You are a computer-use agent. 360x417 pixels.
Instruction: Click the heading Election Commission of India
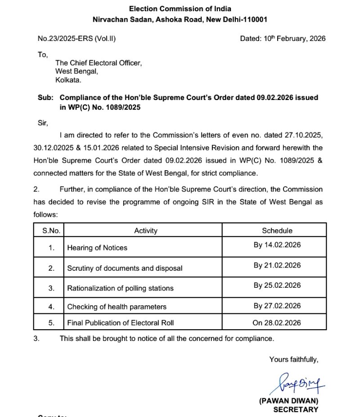click(180, 9)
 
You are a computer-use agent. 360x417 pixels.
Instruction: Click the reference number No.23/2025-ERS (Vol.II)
click(76, 39)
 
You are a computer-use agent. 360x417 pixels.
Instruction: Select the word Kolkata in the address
click(68, 80)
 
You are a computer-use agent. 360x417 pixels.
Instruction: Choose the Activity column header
click(146, 231)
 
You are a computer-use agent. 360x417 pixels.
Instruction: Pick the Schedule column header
click(277, 231)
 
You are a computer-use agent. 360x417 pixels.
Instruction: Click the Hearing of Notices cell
click(97, 248)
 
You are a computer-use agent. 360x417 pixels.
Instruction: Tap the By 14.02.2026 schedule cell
click(277, 245)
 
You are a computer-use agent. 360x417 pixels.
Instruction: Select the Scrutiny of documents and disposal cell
click(125, 268)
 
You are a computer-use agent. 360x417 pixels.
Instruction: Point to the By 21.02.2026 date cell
click(277, 265)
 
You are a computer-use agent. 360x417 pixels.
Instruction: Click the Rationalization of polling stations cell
click(120, 288)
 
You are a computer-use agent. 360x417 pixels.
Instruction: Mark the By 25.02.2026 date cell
click(277, 285)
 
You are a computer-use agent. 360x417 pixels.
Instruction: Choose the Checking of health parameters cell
click(117, 307)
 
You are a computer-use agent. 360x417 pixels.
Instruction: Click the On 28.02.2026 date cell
click(277, 322)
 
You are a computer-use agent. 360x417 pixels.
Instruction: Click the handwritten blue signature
click(296, 383)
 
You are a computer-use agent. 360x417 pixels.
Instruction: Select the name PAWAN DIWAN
click(288, 401)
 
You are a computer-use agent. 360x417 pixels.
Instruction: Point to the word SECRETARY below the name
click(296, 409)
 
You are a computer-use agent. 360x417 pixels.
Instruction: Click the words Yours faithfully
click(294, 359)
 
